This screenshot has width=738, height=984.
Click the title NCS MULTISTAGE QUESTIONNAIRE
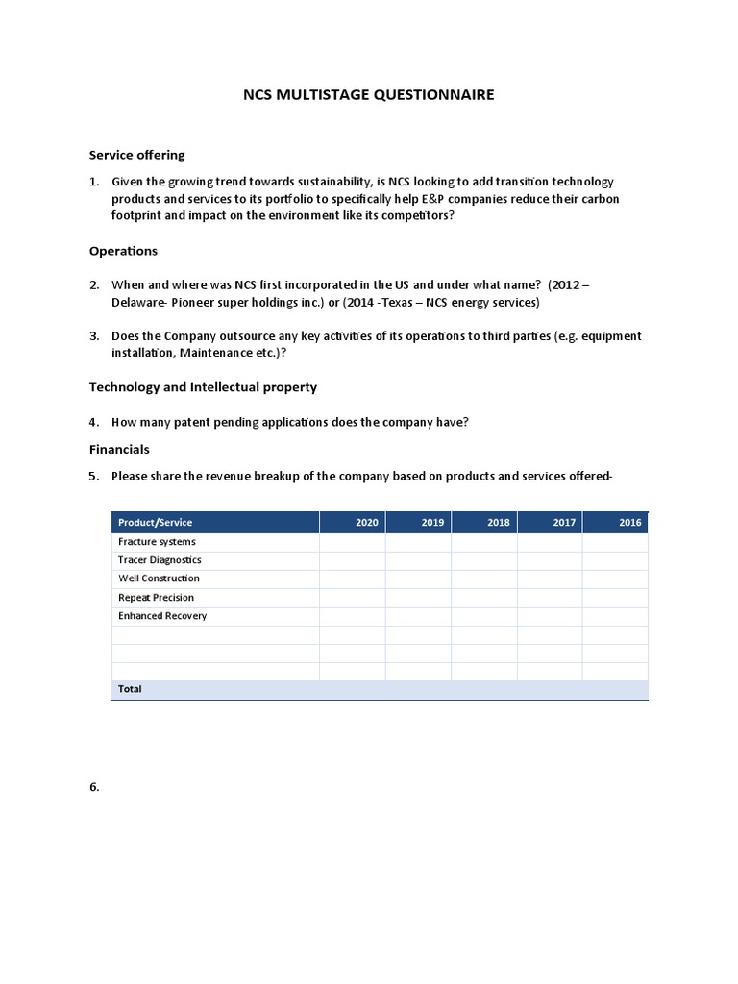click(x=368, y=94)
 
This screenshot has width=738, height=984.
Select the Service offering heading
click(x=136, y=155)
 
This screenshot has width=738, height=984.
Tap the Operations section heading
click(x=123, y=251)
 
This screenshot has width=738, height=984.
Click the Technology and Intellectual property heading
click(x=203, y=387)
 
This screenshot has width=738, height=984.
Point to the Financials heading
click(x=119, y=449)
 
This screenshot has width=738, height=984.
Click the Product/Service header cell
click(x=155, y=523)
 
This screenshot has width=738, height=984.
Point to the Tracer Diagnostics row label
click(x=160, y=560)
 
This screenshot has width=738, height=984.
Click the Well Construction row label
click(x=159, y=578)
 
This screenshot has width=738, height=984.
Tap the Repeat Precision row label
click(x=156, y=598)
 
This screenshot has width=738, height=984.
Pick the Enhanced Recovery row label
click(x=162, y=616)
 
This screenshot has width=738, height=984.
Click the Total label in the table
click(x=130, y=689)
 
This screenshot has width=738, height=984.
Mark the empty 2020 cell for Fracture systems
click(x=353, y=542)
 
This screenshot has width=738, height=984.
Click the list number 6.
click(x=94, y=787)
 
